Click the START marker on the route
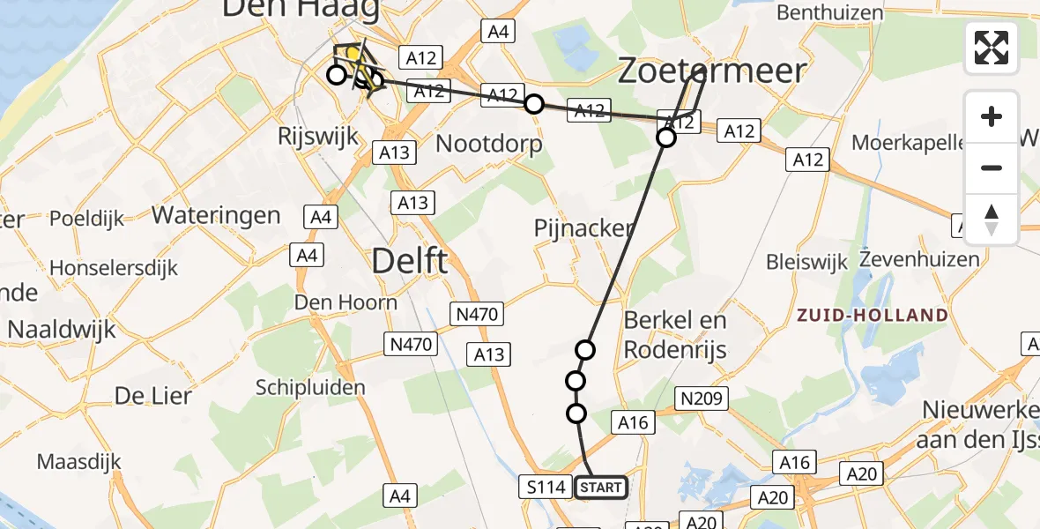[x=602, y=488]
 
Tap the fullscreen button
[x=992, y=48]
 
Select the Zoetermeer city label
[x=711, y=70]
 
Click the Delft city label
[x=410, y=262]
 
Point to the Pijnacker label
[x=583, y=228]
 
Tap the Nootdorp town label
[x=489, y=143]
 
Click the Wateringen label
[x=216, y=214]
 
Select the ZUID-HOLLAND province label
[x=873, y=315]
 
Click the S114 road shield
[x=546, y=488]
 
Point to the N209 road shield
[x=702, y=399]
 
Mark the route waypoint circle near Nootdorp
[x=533, y=104]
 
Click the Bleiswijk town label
[x=806, y=262]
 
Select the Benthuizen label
[x=829, y=12]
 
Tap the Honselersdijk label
[x=114, y=267]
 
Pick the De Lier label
[x=152, y=396]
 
